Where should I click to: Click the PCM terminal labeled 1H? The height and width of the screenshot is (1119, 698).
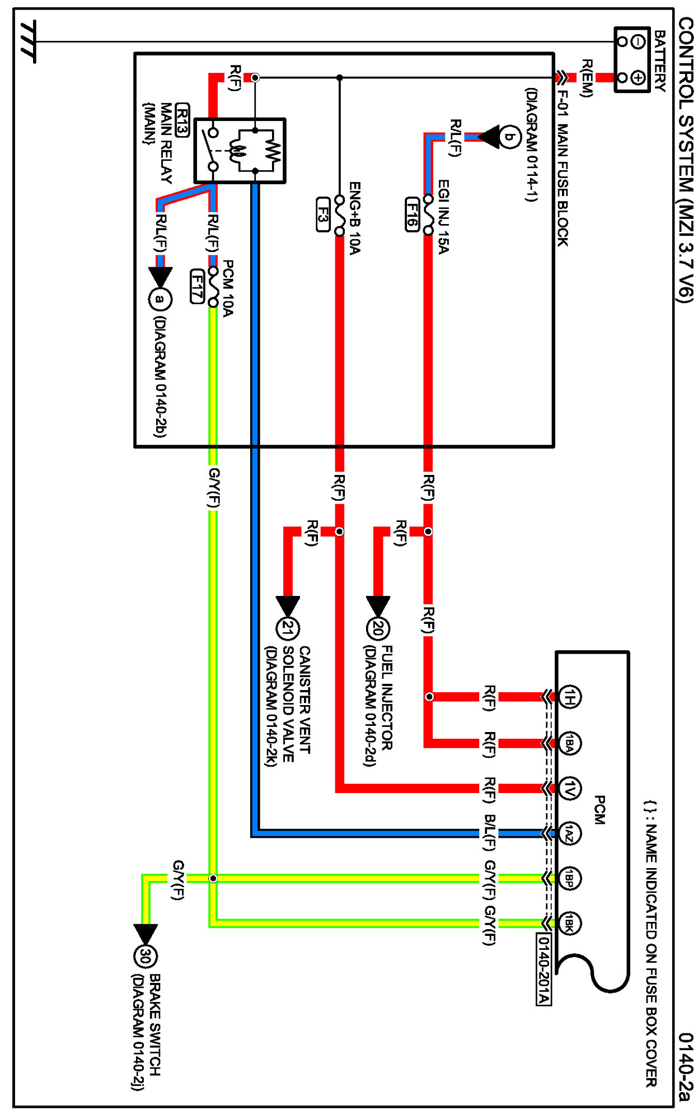tap(569, 697)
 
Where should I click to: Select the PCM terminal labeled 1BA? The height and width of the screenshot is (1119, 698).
tap(569, 743)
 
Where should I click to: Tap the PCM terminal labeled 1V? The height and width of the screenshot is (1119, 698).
tap(569, 788)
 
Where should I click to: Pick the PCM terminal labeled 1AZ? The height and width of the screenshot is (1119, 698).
tap(569, 834)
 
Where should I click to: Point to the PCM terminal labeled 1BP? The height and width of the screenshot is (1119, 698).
tap(569, 878)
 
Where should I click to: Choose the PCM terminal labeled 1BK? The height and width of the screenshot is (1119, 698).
tap(569, 923)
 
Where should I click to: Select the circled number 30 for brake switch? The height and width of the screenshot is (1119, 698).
tap(146, 956)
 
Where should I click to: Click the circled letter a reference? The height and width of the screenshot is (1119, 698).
tap(160, 299)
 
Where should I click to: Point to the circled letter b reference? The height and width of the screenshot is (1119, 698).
tap(509, 137)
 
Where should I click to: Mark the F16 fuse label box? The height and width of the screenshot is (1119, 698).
tap(413, 214)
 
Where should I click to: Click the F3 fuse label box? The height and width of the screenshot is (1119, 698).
tap(323, 214)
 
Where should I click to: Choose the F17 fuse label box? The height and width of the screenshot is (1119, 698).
tap(197, 286)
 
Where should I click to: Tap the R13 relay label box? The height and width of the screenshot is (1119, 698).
tap(182, 120)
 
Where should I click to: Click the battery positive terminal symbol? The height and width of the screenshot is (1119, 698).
tap(638, 77)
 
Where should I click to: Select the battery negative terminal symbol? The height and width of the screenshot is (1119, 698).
tap(638, 41)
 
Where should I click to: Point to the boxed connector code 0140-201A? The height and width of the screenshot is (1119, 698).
tap(544, 969)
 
